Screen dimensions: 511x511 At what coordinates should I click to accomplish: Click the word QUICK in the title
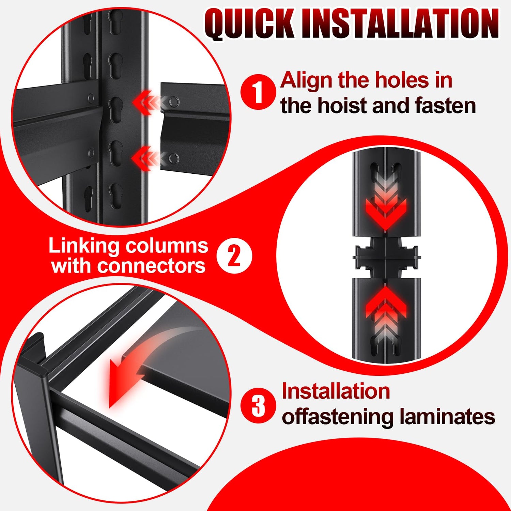click(249, 24)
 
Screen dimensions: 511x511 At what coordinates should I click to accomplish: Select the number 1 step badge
click(258, 92)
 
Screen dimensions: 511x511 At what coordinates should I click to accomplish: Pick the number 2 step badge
click(234, 256)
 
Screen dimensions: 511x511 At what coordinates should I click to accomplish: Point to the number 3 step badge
click(258, 405)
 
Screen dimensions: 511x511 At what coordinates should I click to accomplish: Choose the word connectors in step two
click(151, 266)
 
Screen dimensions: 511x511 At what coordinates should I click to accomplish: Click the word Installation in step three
click(336, 391)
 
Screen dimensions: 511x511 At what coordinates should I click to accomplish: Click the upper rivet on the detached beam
click(174, 101)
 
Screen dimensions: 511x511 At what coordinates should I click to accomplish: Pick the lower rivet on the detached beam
click(174, 158)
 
